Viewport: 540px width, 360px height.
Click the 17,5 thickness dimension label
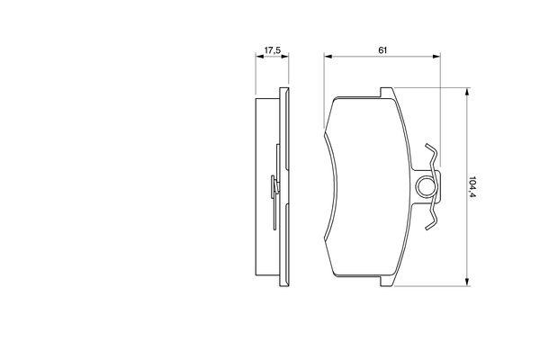273,50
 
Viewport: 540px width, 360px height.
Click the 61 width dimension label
382,50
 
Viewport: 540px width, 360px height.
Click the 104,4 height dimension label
472,188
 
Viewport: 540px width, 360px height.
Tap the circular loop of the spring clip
427,186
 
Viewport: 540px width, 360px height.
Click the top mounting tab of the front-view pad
386,92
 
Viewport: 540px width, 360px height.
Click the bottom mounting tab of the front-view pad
386,281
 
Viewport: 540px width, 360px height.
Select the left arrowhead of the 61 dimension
328,56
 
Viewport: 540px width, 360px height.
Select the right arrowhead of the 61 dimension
436,56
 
